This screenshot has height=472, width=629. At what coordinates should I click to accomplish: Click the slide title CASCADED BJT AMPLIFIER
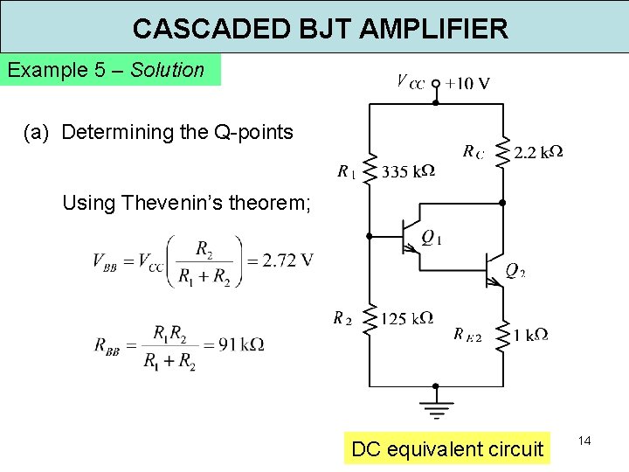[320, 28]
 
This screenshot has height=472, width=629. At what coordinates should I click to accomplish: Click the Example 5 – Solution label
[106, 70]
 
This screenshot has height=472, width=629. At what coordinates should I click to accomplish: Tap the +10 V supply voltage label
[467, 84]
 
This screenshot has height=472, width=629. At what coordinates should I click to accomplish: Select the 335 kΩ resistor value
[408, 170]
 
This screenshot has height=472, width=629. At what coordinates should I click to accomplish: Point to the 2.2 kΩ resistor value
[538, 153]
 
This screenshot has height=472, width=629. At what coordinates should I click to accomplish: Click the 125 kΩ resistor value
[406, 318]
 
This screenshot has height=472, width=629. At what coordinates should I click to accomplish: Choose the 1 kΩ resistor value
[531, 334]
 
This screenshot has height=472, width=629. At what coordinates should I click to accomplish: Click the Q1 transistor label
[432, 237]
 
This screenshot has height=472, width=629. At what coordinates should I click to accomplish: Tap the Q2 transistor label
[515, 271]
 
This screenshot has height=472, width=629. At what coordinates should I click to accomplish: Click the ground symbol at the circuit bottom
[435, 407]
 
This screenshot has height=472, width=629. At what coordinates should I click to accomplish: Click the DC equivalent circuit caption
[446, 449]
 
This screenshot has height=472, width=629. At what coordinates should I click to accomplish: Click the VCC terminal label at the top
[411, 83]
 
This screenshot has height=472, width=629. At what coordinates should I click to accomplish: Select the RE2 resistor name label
[467, 334]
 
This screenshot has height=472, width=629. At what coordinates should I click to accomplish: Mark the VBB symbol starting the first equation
[106, 260]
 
